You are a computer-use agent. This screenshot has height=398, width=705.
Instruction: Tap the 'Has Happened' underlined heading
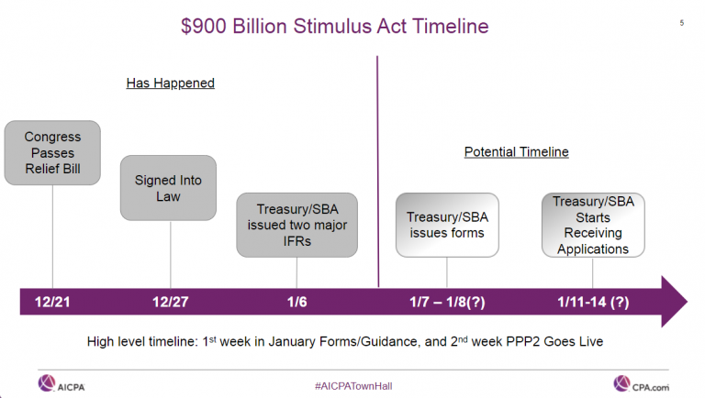(x=170, y=83)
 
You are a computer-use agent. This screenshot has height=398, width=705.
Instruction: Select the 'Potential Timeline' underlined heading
(x=516, y=152)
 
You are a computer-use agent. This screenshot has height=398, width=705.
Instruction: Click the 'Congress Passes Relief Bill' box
(x=52, y=151)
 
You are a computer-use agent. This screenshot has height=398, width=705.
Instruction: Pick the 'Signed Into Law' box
(x=170, y=187)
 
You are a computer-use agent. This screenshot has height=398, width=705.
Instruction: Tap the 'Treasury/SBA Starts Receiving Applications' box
(x=592, y=225)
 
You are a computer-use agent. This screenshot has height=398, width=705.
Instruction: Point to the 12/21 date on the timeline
(x=51, y=302)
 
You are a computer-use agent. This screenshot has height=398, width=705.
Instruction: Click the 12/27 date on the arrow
(x=170, y=302)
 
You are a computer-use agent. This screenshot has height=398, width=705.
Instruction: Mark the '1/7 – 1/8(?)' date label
(x=448, y=302)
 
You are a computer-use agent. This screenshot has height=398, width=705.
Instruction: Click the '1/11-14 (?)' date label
(x=593, y=302)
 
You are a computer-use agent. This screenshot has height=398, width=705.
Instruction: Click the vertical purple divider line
(x=377, y=165)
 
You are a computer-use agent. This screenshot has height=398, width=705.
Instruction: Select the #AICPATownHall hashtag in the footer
(x=352, y=382)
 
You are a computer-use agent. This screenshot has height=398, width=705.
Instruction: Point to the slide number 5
(x=681, y=23)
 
